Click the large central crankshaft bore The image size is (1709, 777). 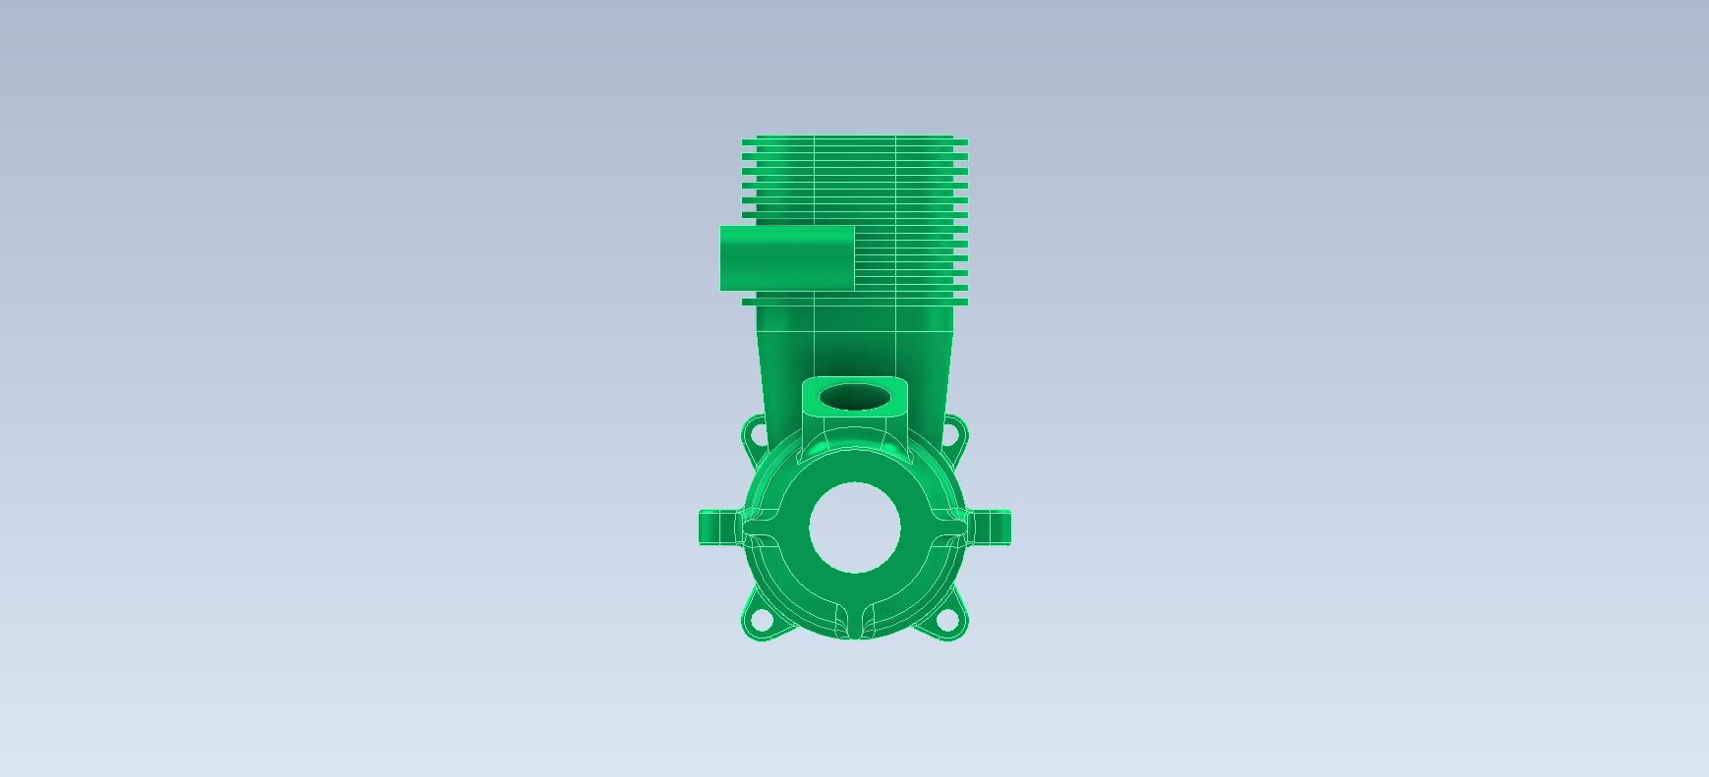click(x=854, y=527)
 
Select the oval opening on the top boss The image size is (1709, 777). click(x=854, y=397)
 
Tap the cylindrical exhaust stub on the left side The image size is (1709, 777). click(x=786, y=258)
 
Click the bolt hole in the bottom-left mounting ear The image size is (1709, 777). click(x=760, y=620)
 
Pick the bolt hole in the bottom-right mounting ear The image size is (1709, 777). click(x=948, y=620)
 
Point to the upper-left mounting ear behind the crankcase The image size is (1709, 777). click(x=755, y=432)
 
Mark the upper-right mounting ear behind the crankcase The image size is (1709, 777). click(x=954, y=432)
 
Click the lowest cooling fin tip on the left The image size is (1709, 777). click(x=749, y=301)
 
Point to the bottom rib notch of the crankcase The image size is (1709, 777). click(x=854, y=623)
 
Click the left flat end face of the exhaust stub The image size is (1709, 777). click(x=724, y=258)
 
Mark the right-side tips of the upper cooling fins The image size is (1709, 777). click(x=961, y=177)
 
